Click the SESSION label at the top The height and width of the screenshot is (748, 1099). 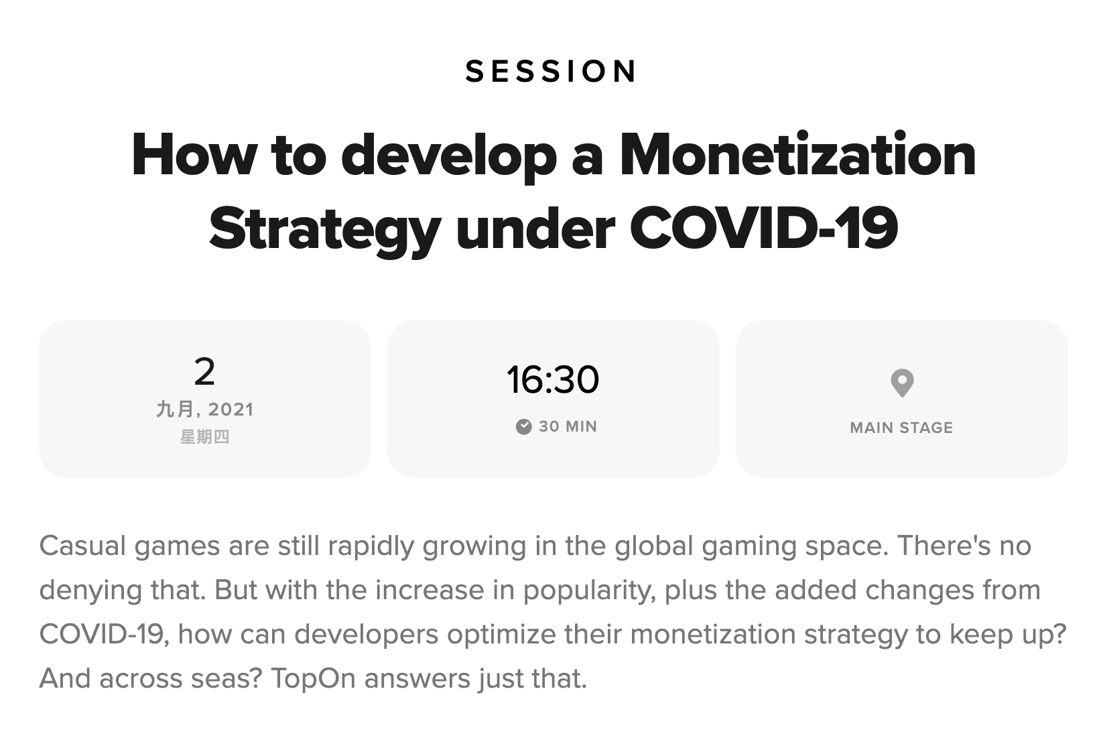click(550, 71)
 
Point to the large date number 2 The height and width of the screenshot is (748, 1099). click(204, 371)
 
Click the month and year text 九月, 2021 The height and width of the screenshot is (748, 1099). click(204, 409)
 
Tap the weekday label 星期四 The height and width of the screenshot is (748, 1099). click(204, 436)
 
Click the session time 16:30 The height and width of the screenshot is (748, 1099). click(553, 379)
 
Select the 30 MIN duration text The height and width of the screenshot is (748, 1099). click(568, 426)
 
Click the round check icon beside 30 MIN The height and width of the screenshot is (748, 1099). click(523, 426)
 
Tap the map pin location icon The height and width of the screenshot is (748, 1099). click(902, 383)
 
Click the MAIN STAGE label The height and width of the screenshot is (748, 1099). click(901, 428)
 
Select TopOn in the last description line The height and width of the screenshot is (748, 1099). click(313, 678)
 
